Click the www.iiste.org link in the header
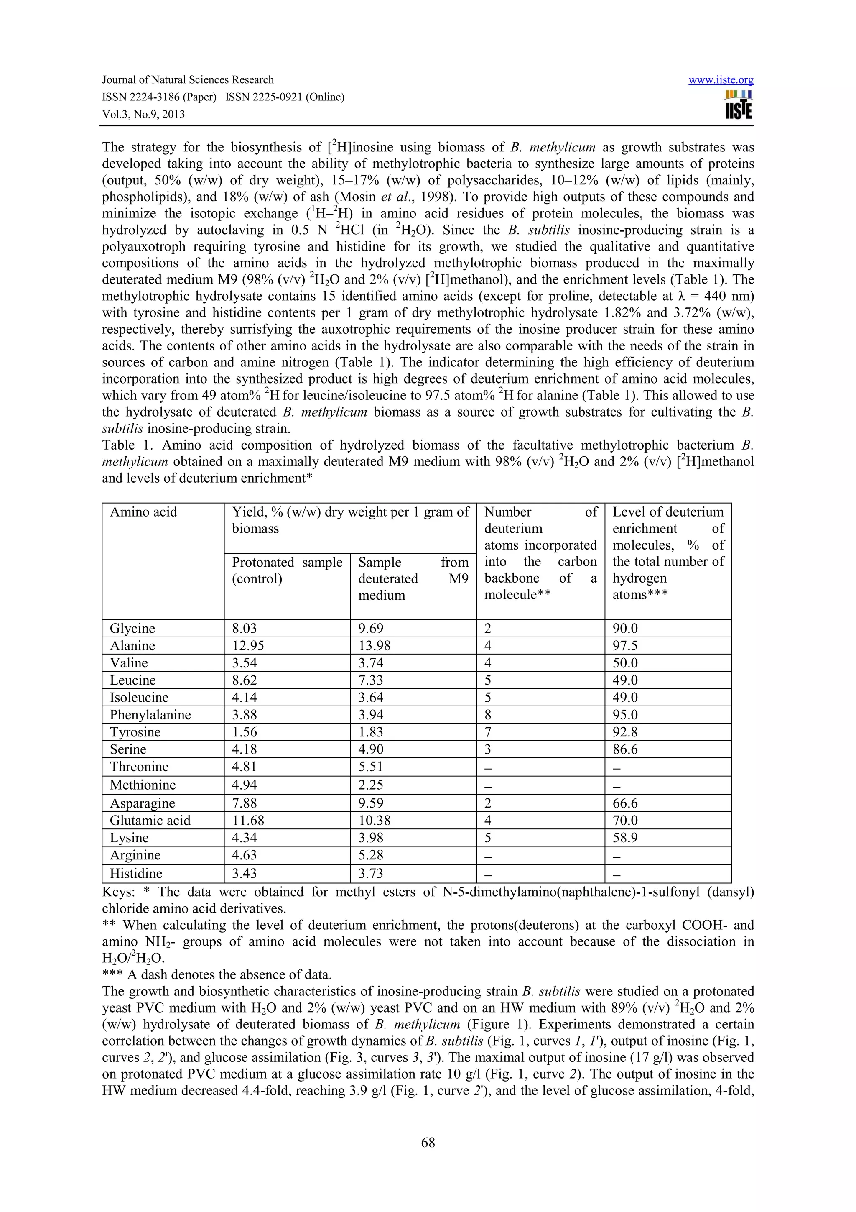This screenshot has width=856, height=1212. click(x=721, y=80)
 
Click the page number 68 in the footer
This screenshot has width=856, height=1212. click(x=428, y=1142)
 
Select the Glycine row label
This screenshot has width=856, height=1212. click(x=132, y=628)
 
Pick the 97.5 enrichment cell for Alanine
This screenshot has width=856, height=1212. click(x=625, y=646)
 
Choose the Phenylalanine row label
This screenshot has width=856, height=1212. click(x=150, y=715)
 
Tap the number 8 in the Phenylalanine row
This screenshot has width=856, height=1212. click(x=488, y=715)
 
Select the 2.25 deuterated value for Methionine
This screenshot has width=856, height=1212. click(x=371, y=785)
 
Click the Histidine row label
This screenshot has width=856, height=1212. click(x=136, y=873)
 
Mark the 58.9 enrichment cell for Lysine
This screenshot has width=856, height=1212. click(x=625, y=838)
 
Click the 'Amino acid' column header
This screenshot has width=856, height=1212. click(x=143, y=512)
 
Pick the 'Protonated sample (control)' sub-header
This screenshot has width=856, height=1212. click(x=287, y=570)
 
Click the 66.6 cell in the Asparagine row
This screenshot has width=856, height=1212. click(x=625, y=803)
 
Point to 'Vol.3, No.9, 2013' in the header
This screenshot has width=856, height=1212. click(x=143, y=115)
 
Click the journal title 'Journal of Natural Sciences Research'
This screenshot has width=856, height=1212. click(x=188, y=80)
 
